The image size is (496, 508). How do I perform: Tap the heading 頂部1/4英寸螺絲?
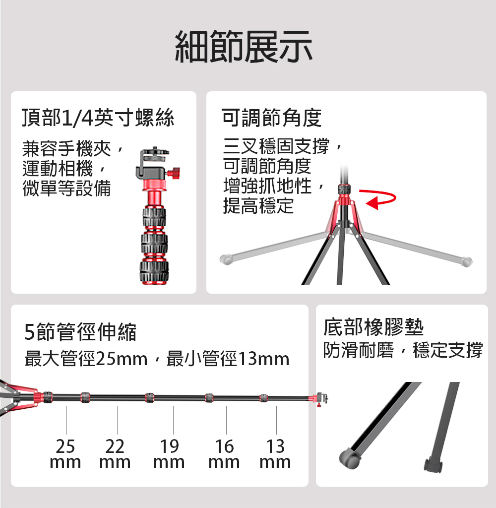tap(98, 117)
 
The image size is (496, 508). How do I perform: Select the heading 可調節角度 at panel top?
tap(271, 118)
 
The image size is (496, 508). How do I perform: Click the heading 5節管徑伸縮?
tap(80, 332)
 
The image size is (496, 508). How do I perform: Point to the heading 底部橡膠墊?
tap(373, 327)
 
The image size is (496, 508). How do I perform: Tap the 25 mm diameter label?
tap(65, 453)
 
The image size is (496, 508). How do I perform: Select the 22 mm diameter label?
tap(115, 453)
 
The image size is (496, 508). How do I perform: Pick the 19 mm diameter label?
tap(169, 453)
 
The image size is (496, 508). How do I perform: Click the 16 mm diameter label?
tap(224, 453)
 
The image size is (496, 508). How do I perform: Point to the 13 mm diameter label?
tap(275, 453)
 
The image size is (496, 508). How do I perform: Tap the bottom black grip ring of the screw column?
tap(154, 271)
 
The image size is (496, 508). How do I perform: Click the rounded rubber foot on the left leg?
tap(350, 458)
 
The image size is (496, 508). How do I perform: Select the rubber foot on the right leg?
tap(434, 464)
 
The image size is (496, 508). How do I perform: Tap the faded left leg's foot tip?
tap(226, 259)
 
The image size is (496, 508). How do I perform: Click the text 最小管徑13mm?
tap(228, 359)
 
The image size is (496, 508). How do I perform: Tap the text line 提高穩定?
tap(258, 206)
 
